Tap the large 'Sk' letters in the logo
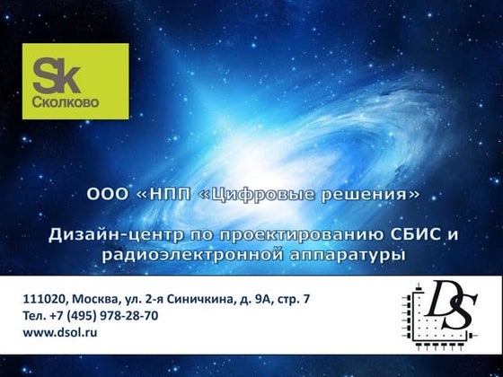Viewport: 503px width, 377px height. [58, 73]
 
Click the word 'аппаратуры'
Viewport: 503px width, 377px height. [354, 255]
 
